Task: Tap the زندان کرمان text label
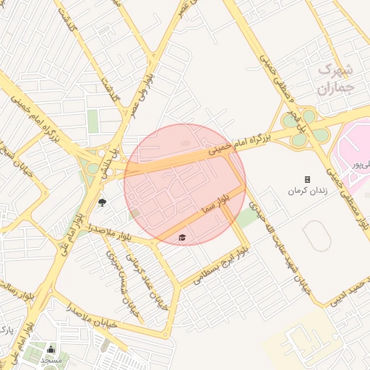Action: pyautogui.click(x=309, y=192)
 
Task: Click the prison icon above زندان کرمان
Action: pyautogui.click(x=307, y=179)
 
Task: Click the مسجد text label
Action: pyautogui.click(x=51, y=359)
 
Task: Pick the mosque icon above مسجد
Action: pyautogui.click(x=51, y=350)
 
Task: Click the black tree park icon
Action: pyautogui.click(x=101, y=202)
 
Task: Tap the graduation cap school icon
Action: pyautogui.click(x=181, y=237)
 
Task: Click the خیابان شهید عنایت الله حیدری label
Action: pyautogui.click(x=278, y=246)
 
